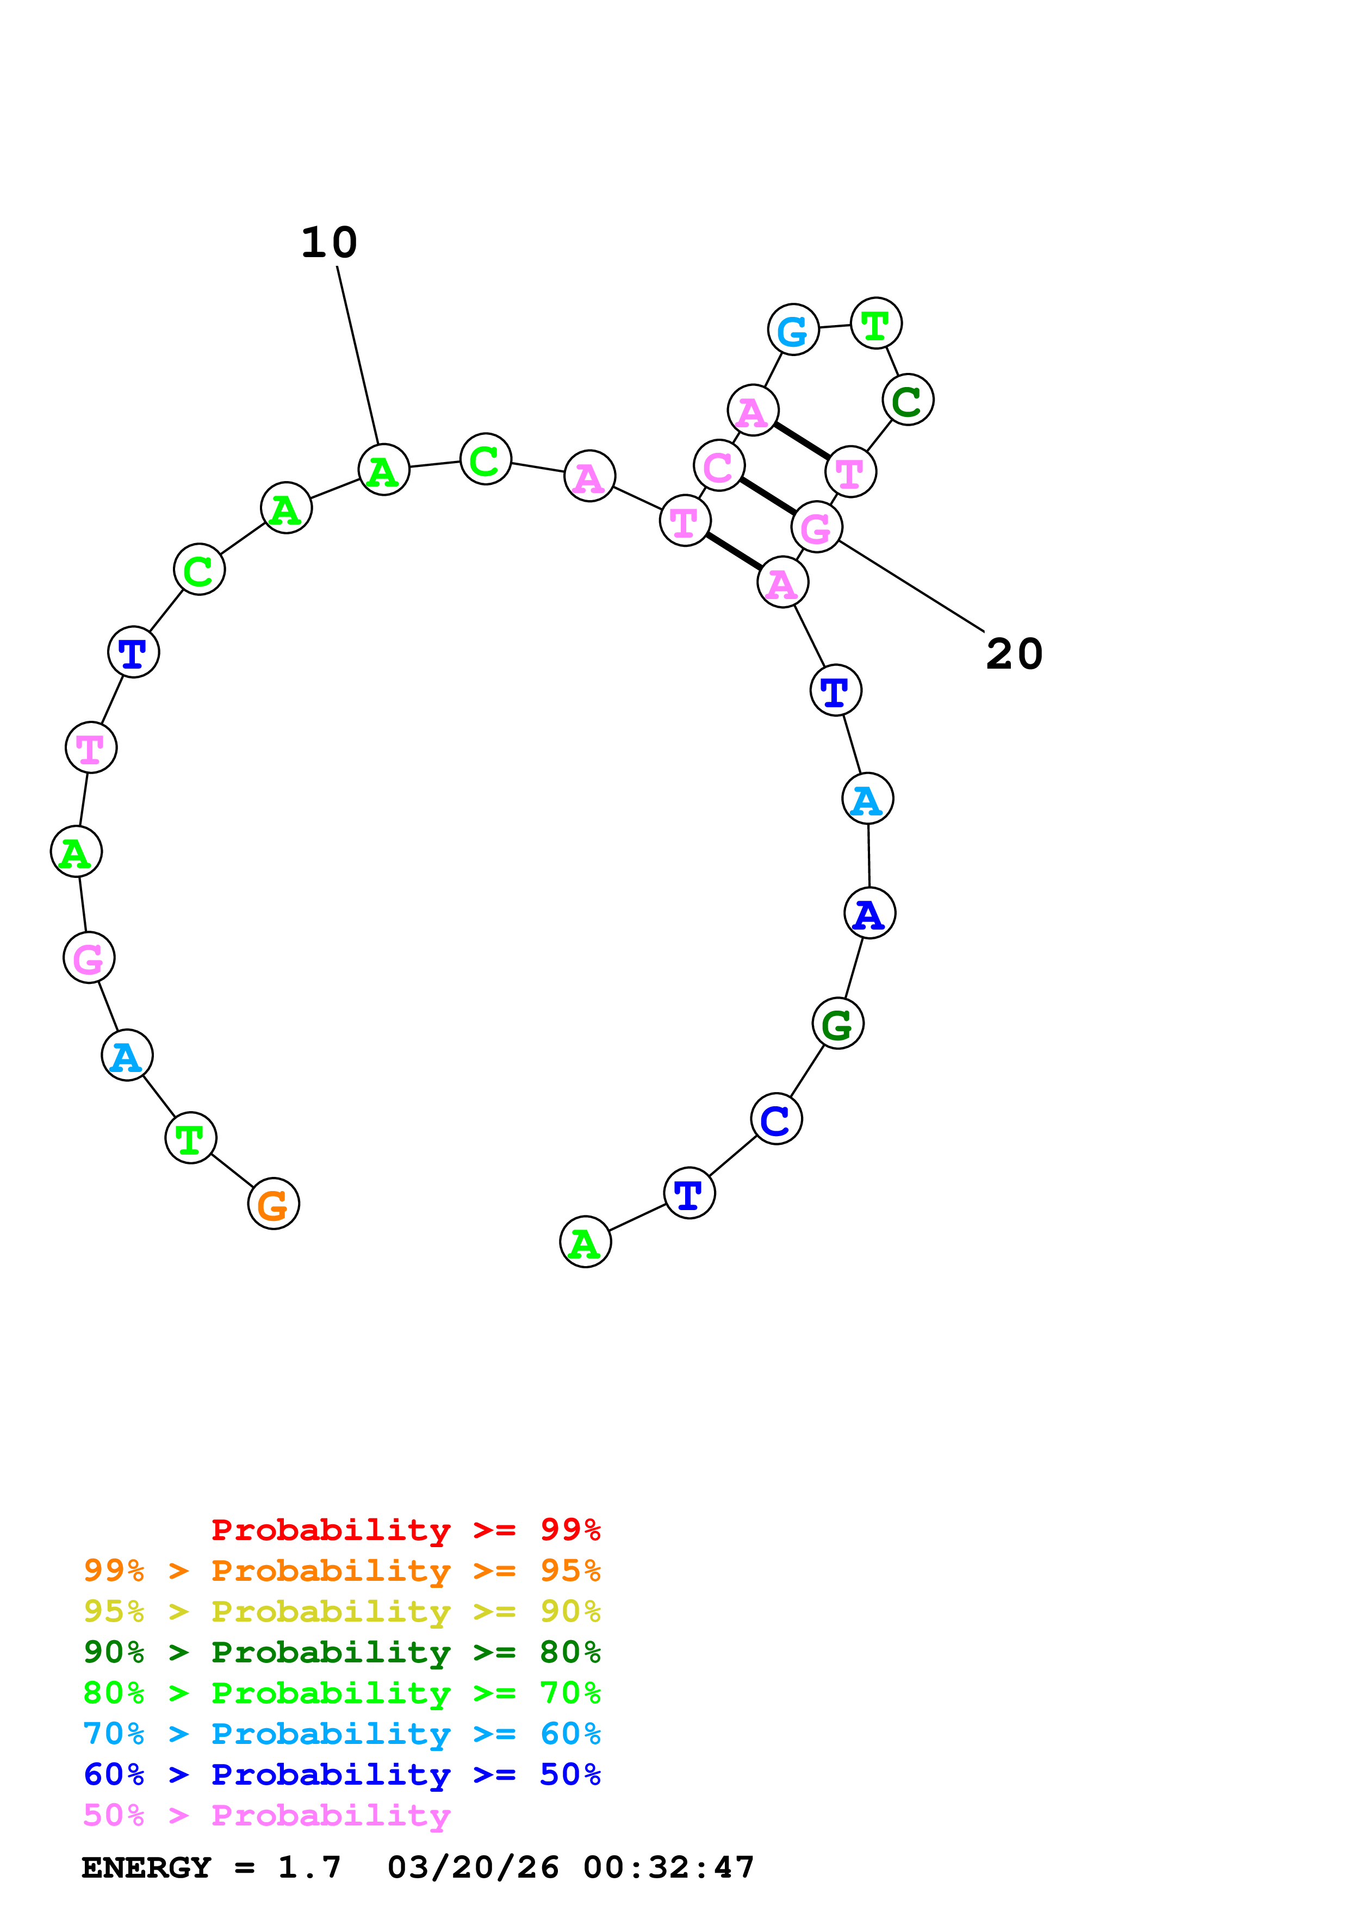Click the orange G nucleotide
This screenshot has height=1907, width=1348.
tap(274, 1204)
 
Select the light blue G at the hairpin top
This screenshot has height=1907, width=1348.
tap(793, 330)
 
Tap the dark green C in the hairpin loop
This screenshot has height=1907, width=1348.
tap(908, 400)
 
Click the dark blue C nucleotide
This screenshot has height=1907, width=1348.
tap(776, 1119)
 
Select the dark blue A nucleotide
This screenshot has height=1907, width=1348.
tap(869, 913)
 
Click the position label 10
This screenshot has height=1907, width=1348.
tap(329, 242)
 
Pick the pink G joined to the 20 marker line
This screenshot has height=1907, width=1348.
tap(816, 527)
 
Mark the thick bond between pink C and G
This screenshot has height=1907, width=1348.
tap(767, 496)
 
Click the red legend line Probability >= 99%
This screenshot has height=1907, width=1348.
tap(405, 1530)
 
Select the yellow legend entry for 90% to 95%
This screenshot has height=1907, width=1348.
tap(341, 1611)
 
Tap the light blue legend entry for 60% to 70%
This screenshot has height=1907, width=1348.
tap(341, 1734)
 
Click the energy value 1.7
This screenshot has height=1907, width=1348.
tap(309, 1867)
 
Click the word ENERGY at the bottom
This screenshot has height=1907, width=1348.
tap(146, 1867)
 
